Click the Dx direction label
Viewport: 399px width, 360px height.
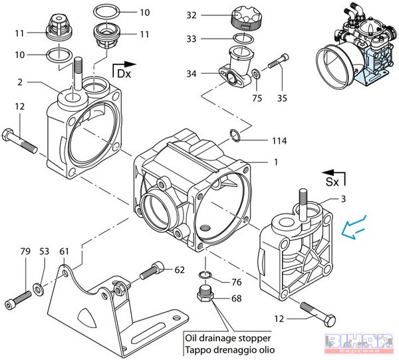coord(124,73)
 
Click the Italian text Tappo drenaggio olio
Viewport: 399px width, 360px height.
coord(229,349)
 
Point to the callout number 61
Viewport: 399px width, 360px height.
coord(64,251)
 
